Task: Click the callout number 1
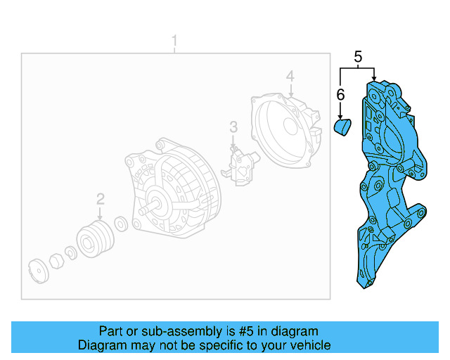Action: tap(176, 42)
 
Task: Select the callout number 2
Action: tap(101, 199)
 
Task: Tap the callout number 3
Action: tap(233, 127)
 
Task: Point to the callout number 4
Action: tap(289, 76)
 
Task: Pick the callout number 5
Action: tap(358, 57)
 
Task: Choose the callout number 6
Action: tap(340, 94)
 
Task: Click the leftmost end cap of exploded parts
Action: tap(37, 271)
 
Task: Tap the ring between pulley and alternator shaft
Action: tap(120, 224)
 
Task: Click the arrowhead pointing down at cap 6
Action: tap(340, 115)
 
